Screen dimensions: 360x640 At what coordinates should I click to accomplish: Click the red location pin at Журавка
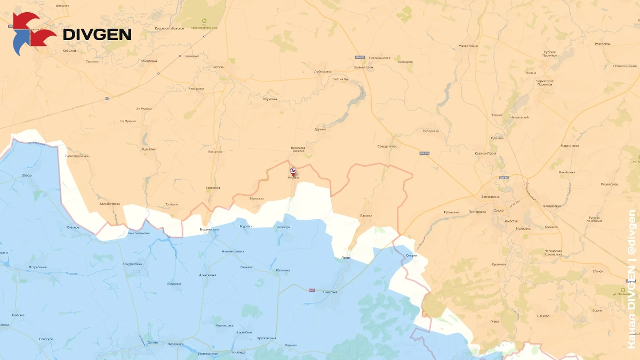pyautogui.click(x=292, y=171)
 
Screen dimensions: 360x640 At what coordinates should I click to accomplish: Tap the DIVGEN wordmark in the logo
pyautogui.click(x=97, y=35)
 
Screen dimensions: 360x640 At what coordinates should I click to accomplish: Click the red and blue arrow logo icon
pyautogui.click(x=34, y=34)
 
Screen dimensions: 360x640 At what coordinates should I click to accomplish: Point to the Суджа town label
pyautogui.click(x=499, y=211)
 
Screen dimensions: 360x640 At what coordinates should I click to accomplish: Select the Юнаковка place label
pyautogui.click(x=330, y=292)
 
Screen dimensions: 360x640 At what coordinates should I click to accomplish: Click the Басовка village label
pyautogui.click(x=366, y=215)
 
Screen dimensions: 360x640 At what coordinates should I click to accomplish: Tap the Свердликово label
pyautogui.click(x=387, y=146)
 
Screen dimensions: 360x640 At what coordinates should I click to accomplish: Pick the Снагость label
pyautogui.click(x=217, y=67)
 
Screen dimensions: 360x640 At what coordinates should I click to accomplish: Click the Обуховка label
pyautogui.click(x=270, y=99)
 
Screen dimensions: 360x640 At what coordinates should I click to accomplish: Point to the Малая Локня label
pyautogui.click(x=468, y=46)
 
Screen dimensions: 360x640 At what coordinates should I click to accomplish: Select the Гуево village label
pyautogui.click(x=494, y=321)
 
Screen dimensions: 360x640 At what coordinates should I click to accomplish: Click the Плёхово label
pyautogui.click(x=543, y=316)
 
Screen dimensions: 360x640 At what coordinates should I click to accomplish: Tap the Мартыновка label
pyautogui.click(x=570, y=146)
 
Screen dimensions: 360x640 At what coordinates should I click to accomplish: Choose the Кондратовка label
pyautogui.click(x=132, y=264)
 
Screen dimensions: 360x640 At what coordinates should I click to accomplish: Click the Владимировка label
pyautogui.click(x=209, y=229)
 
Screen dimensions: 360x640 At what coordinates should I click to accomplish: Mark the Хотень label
pyautogui.click(x=153, y=342)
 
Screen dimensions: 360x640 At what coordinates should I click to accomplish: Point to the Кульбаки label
pyautogui.click(x=149, y=149)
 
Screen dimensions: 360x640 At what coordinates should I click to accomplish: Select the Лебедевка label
pyautogui.click(x=430, y=131)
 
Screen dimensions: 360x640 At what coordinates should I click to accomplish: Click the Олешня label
pyautogui.click(x=411, y=256)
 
